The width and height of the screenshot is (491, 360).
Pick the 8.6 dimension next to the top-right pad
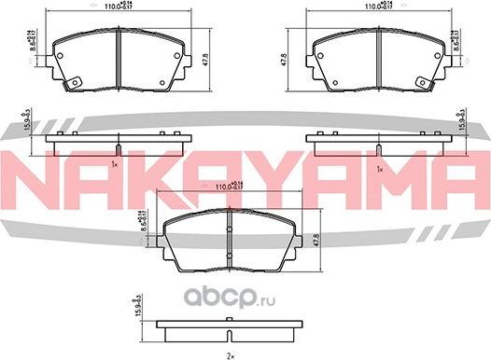tap(456, 42)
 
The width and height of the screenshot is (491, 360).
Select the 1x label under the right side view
tap(378, 168)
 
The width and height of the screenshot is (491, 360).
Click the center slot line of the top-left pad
tap(120, 58)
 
